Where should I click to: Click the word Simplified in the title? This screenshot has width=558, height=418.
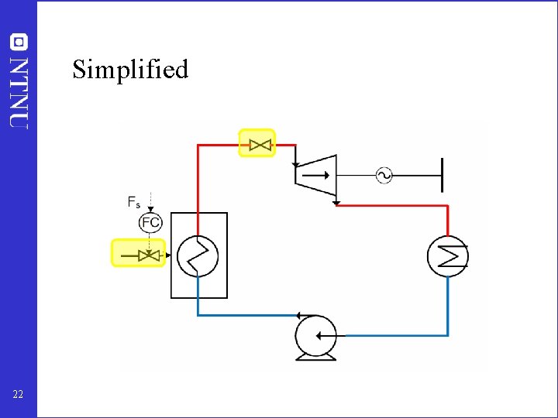click(x=130, y=70)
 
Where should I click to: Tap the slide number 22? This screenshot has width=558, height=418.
click(x=18, y=395)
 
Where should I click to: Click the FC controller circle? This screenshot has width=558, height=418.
click(x=150, y=223)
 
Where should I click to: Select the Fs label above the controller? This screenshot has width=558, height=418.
click(x=134, y=202)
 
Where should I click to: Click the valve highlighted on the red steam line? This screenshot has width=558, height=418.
click(x=257, y=143)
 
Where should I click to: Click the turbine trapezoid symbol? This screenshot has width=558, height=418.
click(x=316, y=176)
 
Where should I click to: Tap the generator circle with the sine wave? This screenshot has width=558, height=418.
click(x=384, y=176)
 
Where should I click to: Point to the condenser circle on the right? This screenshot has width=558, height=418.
click(x=448, y=255)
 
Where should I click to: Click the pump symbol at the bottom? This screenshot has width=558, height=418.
click(x=315, y=337)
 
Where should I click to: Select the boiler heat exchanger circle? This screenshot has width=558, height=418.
click(x=198, y=255)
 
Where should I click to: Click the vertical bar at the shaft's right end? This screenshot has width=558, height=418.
click(x=441, y=175)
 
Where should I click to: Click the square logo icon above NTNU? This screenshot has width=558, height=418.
click(x=19, y=42)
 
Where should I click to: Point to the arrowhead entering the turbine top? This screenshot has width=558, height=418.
click(x=296, y=164)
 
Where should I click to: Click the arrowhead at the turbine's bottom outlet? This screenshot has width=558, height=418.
click(x=336, y=203)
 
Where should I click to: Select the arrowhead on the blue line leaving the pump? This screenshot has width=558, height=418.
click(x=298, y=315)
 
